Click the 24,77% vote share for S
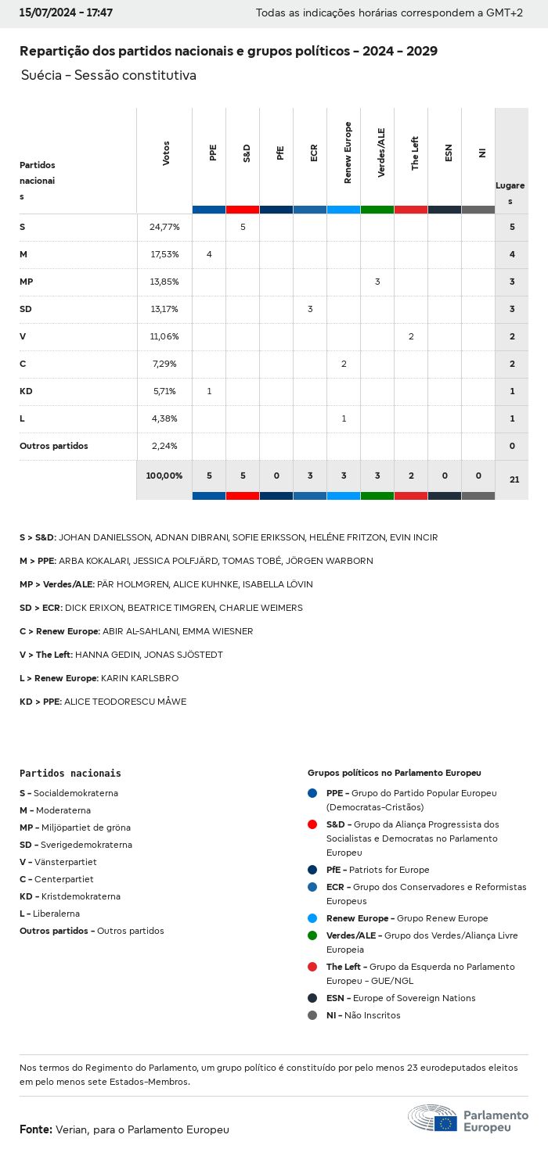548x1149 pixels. pyautogui.click(x=164, y=227)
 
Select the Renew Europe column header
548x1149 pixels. pyautogui.click(x=348, y=153)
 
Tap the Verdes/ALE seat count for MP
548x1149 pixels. pyautogui.click(x=377, y=282)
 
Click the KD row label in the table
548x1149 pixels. pyautogui.click(x=26, y=391)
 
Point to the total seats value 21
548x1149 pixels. pyautogui.click(x=514, y=479)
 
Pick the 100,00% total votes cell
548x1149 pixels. pyautogui.click(x=164, y=476)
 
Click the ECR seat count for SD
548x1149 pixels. pyautogui.click(x=310, y=309)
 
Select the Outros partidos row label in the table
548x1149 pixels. pyautogui.click(x=53, y=446)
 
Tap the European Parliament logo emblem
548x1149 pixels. pyautogui.click(x=434, y=1118)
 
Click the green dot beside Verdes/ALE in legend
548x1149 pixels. pyautogui.click(x=312, y=935)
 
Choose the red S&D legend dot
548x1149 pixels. pyautogui.click(x=312, y=824)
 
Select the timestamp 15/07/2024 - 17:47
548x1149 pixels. pyautogui.click(x=66, y=13)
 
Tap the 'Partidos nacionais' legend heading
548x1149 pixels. pyautogui.click(x=70, y=774)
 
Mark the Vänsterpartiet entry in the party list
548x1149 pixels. pyautogui.click(x=58, y=862)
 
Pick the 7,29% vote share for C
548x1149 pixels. pyautogui.click(x=164, y=364)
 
